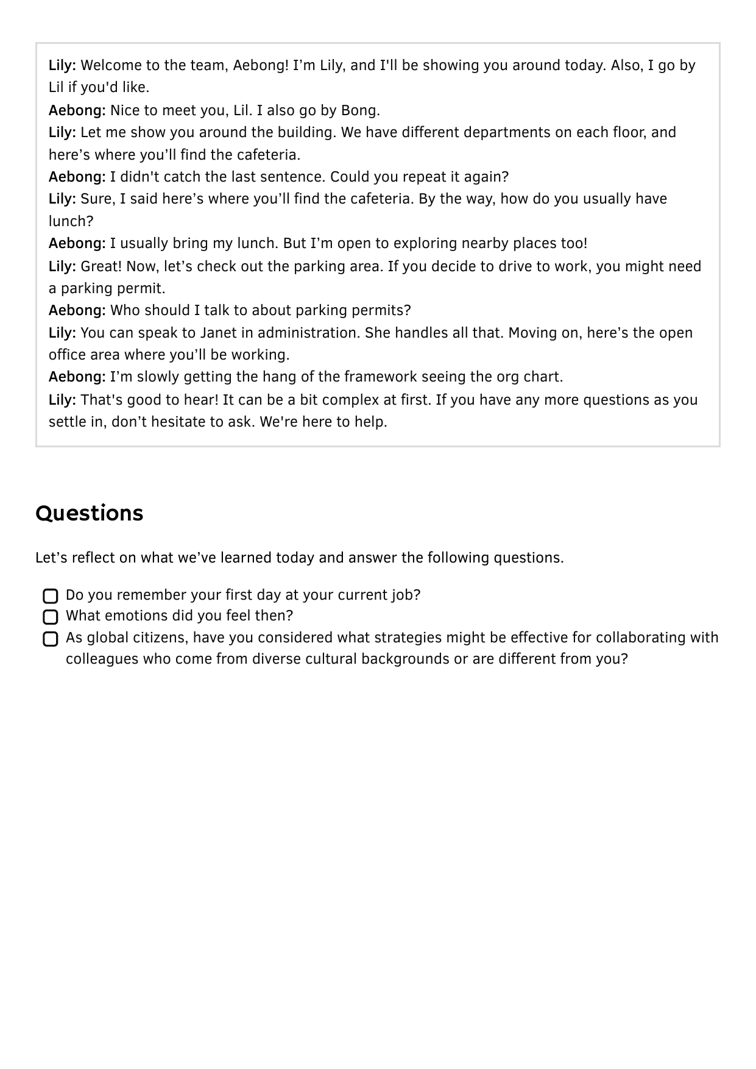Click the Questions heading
90,513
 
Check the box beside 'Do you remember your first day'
51,596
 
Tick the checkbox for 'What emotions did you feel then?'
51,617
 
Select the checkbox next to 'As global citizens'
51,639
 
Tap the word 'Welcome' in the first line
111,65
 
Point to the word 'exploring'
417,243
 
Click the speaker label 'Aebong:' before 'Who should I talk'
77,310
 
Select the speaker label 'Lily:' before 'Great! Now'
62,266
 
